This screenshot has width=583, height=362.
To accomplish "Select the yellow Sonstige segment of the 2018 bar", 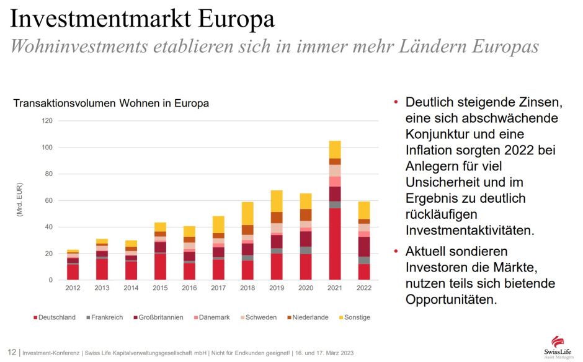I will (x=247, y=213).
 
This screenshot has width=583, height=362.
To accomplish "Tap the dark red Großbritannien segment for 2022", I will (x=363, y=247).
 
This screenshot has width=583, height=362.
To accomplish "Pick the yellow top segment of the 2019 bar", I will (x=277, y=201).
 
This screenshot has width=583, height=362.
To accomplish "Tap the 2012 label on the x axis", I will (x=73, y=288).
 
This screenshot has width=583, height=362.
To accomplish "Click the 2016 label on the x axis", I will (x=189, y=288).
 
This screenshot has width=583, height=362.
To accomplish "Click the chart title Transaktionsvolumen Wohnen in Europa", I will (x=111, y=104).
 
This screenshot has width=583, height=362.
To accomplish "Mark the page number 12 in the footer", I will (x=12, y=352).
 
